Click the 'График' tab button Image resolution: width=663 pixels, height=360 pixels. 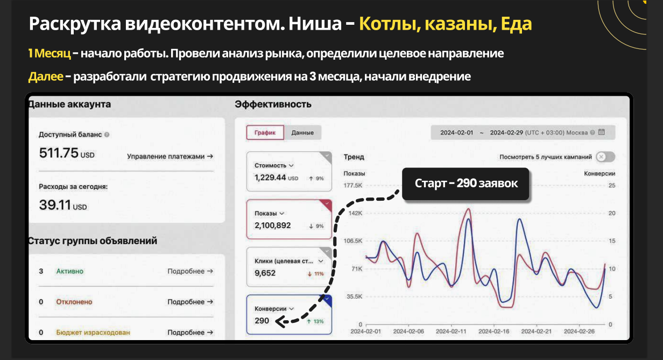[x=265, y=133]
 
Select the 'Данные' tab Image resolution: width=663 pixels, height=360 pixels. [x=302, y=133]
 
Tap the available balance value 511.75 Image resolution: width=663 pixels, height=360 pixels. [x=59, y=153]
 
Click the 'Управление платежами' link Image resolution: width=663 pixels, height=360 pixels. [x=170, y=157]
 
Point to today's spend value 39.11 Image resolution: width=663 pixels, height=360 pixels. [x=55, y=204]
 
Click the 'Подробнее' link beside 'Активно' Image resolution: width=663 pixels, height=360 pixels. [x=190, y=271]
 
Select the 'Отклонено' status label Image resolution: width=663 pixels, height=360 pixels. [x=74, y=302]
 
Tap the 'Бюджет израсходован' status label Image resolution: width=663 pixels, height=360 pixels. [x=93, y=333]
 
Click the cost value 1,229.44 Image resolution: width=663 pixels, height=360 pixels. [x=271, y=177]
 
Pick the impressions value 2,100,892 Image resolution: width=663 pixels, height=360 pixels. [x=273, y=225]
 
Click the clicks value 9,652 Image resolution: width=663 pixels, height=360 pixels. [x=265, y=273]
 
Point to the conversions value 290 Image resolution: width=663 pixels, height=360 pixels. [x=262, y=321]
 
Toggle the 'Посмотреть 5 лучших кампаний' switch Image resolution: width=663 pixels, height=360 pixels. [x=605, y=157]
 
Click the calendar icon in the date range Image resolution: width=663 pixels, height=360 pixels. [x=602, y=132]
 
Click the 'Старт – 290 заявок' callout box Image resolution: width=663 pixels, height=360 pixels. [x=466, y=183]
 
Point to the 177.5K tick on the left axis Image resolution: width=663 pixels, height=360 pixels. [x=354, y=186]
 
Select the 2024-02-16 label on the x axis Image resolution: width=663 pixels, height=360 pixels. [x=494, y=331]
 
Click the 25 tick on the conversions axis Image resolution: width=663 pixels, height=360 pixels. [x=611, y=186]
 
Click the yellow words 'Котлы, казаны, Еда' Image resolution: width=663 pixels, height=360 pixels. [x=445, y=24]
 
